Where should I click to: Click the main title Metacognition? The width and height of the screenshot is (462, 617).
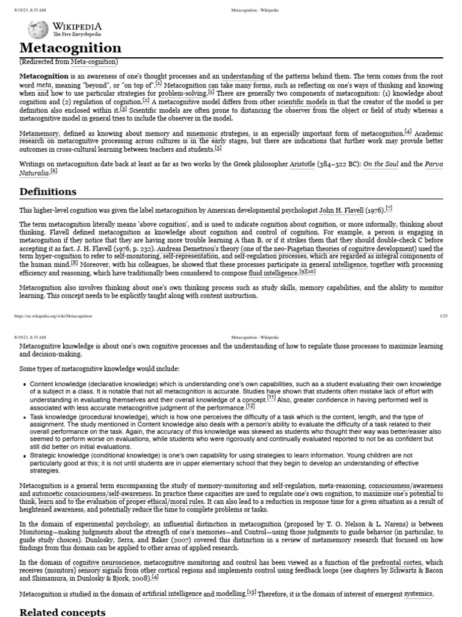pos(70,48)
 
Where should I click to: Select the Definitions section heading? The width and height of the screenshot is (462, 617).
pos(48,192)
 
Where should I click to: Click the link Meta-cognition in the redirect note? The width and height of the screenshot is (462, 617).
pos(94,61)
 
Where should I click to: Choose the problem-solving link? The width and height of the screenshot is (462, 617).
pos(182,93)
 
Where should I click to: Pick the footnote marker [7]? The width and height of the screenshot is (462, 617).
pos(389,208)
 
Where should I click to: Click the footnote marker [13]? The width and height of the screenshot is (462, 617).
pos(251,593)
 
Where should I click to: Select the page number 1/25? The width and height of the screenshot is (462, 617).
pos(443,316)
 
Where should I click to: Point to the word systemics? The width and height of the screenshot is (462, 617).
pos(417,594)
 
